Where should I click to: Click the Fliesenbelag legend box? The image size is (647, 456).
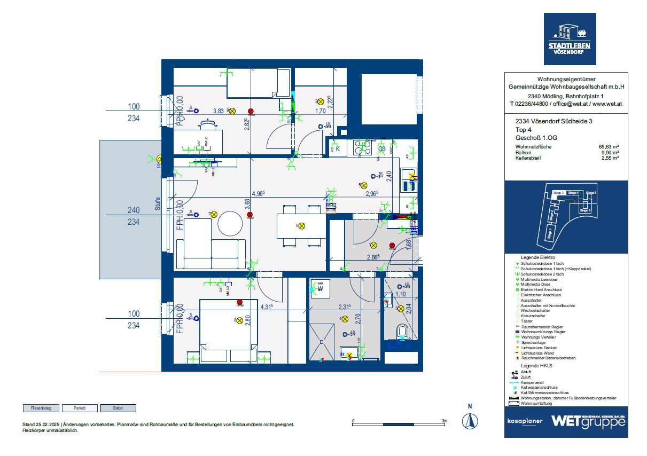click(41, 408)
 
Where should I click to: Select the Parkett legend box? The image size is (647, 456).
click(80, 408)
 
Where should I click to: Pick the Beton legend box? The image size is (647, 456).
click(118, 408)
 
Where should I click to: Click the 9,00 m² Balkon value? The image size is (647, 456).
click(610, 152)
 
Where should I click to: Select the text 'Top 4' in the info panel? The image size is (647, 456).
click(523, 130)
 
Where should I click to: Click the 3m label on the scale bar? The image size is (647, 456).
click(445, 421)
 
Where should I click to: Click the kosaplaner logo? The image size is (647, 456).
click(525, 421)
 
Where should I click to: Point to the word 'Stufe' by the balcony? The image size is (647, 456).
click(158, 203)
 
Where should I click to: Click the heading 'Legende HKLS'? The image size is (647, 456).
click(536, 366)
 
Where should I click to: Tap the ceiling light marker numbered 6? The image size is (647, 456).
click(301, 226)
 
